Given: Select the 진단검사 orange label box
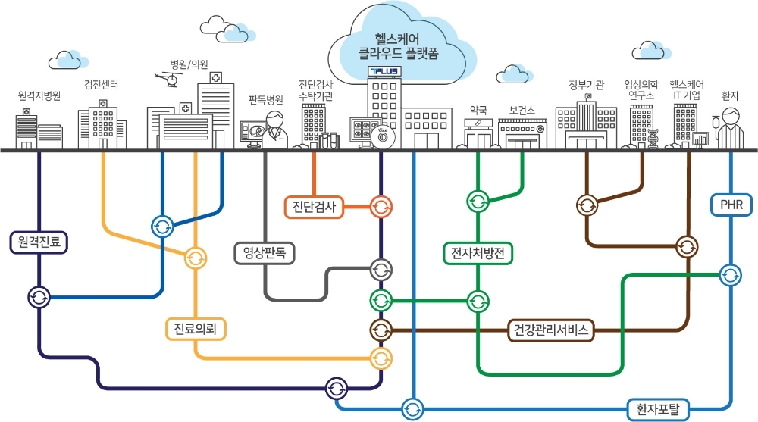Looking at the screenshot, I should pyautogui.click(x=313, y=206).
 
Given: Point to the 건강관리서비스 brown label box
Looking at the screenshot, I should pyautogui.click(x=550, y=330).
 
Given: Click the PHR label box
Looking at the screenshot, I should pyautogui.click(x=731, y=205).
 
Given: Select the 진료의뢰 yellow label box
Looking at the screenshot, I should pyautogui.click(x=196, y=328).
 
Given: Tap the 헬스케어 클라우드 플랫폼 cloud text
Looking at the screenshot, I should pyautogui.click(x=391, y=45).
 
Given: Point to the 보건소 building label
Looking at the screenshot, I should pyautogui.click(x=522, y=110).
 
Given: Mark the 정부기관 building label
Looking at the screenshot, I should pyautogui.click(x=586, y=85).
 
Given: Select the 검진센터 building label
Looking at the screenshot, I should pyautogui.click(x=101, y=84).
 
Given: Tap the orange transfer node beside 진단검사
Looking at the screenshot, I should pyautogui.click(x=381, y=206).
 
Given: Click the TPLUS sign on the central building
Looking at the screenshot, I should pyautogui.click(x=385, y=71).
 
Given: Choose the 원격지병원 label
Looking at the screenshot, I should pyautogui.click(x=39, y=96).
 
